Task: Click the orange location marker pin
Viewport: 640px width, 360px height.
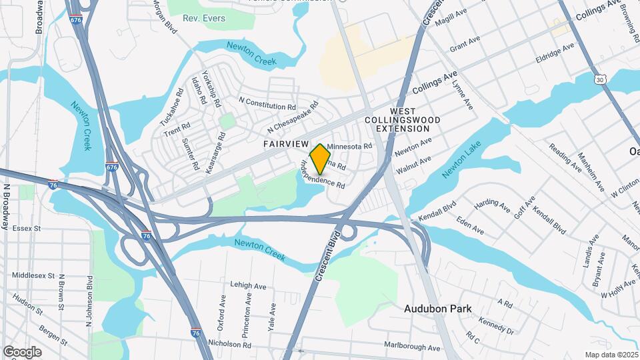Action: coord(321,159)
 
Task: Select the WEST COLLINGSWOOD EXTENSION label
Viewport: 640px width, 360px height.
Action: coord(403,119)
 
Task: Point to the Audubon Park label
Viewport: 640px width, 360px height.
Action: coord(437,309)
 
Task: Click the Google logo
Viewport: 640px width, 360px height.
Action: coord(22,351)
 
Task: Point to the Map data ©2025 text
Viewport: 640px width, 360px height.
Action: coord(611,355)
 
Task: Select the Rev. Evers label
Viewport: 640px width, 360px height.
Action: coord(204,18)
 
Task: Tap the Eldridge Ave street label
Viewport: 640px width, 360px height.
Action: coord(554,52)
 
